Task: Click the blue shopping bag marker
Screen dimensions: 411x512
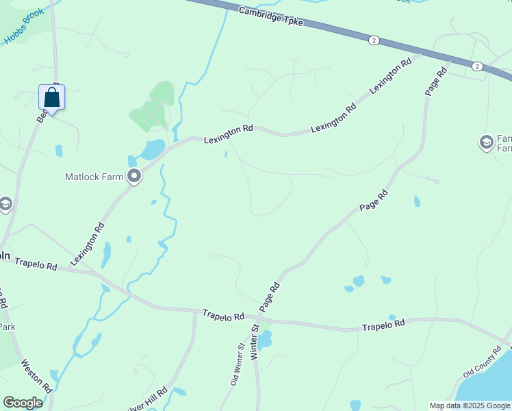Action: click(x=51, y=97)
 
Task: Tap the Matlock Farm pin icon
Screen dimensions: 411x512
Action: click(x=134, y=176)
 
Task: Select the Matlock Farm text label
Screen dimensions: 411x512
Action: click(x=94, y=177)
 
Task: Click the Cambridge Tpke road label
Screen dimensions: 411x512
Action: click(x=271, y=15)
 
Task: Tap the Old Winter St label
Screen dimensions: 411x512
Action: click(x=237, y=365)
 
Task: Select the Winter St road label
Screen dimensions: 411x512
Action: click(x=254, y=343)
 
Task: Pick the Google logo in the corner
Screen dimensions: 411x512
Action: click(x=23, y=402)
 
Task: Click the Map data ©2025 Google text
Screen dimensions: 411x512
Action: click(x=469, y=406)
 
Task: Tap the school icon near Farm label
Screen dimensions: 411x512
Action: click(x=486, y=142)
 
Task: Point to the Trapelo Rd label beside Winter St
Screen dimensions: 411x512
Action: click(x=223, y=315)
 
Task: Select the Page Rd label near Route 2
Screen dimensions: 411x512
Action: click(x=435, y=81)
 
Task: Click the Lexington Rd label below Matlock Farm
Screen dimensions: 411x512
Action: click(x=87, y=244)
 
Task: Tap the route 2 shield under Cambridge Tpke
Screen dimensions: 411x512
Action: click(x=373, y=40)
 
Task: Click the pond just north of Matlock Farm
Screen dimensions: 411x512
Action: click(x=153, y=149)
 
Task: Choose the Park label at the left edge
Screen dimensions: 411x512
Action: click(x=7, y=327)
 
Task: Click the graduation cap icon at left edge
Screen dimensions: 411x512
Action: click(x=5, y=204)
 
